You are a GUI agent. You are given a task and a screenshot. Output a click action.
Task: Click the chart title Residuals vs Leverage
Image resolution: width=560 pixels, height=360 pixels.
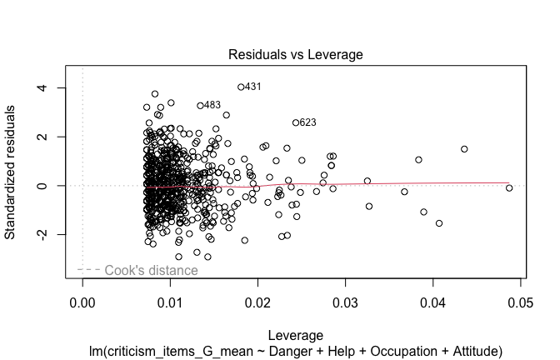tap(295, 55)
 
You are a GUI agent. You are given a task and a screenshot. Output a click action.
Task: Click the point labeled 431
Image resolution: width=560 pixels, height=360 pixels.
tap(241, 87)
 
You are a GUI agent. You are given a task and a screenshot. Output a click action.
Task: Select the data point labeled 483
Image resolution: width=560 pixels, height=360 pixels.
tap(200, 106)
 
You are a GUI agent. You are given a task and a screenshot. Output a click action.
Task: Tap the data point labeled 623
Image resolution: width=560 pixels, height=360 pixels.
tap(296, 122)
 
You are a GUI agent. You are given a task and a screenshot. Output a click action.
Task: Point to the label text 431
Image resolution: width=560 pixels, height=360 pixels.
tap(253, 87)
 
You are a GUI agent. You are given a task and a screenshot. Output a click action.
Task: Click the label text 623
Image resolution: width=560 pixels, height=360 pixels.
tap(307, 122)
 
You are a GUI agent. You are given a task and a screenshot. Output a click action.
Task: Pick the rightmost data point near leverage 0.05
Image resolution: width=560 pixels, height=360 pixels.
tap(509, 188)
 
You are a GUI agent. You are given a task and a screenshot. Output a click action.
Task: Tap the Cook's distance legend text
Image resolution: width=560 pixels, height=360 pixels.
tap(151, 270)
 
